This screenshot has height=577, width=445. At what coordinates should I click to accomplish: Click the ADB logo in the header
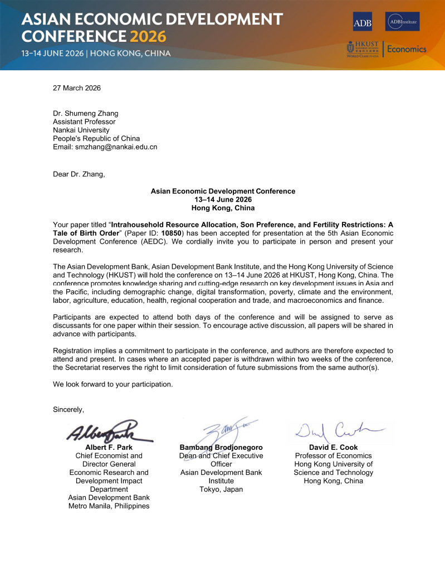(x=362, y=22)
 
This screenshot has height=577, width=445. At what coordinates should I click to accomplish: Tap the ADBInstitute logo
(x=402, y=22)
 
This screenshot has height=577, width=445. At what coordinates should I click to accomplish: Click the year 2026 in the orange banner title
(x=148, y=37)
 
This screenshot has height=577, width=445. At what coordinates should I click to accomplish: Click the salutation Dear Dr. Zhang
(x=79, y=174)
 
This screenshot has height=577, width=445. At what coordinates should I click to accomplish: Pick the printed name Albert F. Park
(x=109, y=447)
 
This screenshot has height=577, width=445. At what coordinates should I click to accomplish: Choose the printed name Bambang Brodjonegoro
(x=221, y=447)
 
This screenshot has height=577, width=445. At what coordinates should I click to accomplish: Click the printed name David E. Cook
(x=333, y=447)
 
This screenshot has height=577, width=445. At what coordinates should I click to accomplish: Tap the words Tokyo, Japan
(x=221, y=489)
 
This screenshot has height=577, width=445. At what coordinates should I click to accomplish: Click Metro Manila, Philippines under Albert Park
(x=109, y=506)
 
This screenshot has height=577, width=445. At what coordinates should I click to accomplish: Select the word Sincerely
(x=69, y=410)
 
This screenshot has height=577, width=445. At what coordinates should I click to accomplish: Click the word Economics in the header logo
(x=407, y=49)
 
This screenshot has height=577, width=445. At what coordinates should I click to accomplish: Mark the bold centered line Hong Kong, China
(x=223, y=208)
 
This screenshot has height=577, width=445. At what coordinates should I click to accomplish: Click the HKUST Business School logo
(x=362, y=49)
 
